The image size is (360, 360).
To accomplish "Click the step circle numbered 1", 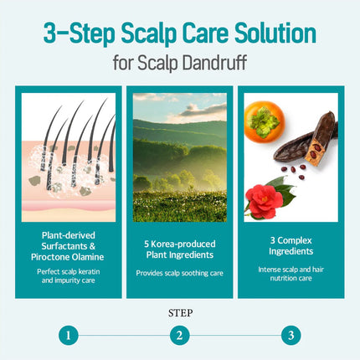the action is click(69, 335).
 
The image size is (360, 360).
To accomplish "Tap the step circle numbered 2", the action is click(180, 335).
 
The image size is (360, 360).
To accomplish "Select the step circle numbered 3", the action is click(291, 335).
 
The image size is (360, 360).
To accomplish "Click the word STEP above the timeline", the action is click(180, 313).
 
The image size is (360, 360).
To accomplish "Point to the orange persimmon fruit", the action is click(265, 122).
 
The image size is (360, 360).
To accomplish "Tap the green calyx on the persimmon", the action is click(263, 121).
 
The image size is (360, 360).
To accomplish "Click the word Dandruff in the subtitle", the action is click(215, 63).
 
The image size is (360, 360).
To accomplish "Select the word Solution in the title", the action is click(275, 33).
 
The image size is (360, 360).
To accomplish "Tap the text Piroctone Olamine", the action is click(68, 257).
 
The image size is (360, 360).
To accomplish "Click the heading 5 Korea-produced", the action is click(180, 244).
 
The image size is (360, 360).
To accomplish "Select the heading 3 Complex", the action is click(291, 240).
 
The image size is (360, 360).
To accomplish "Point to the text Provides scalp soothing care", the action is click(180, 273).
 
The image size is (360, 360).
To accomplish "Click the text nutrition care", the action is click(291, 278).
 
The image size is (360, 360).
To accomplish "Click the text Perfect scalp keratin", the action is click(69, 271).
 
